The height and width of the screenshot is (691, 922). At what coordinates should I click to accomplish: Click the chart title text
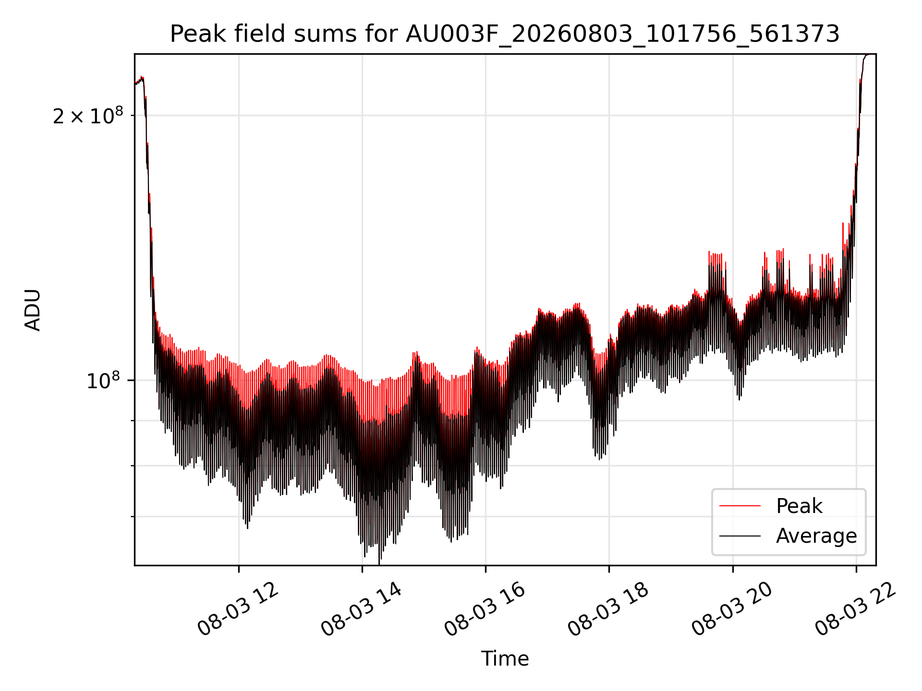coord(505,34)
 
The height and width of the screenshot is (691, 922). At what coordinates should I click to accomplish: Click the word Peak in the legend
coord(799,506)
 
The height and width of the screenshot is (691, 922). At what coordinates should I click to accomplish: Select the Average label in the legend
coord(816,536)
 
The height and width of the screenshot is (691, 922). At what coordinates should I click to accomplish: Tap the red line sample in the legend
coord(740,506)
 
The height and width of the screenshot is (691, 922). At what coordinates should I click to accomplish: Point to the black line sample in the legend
coord(740,536)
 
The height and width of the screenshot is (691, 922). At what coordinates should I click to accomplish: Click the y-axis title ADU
coord(33,310)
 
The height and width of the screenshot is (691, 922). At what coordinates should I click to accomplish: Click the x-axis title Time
coord(505,658)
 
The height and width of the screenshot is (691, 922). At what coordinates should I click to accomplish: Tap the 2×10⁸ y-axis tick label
coord(88,115)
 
